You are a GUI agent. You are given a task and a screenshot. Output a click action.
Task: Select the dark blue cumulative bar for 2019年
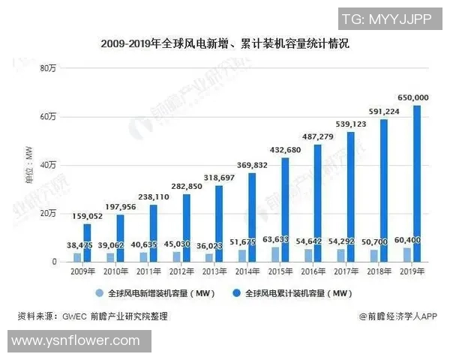(x=417, y=184)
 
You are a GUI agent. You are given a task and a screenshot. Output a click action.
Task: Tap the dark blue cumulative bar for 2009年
(x=87, y=243)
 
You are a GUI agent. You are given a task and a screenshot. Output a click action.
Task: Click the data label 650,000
(x=412, y=97)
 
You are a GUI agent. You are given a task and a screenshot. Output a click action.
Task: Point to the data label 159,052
(x=87, y=216)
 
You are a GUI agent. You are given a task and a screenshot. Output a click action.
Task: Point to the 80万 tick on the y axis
(x=47, y=68)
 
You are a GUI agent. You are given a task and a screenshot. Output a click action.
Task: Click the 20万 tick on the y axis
(x=47, y=214)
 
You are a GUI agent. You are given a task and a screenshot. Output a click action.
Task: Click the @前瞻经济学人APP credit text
(x=397, y=316)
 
